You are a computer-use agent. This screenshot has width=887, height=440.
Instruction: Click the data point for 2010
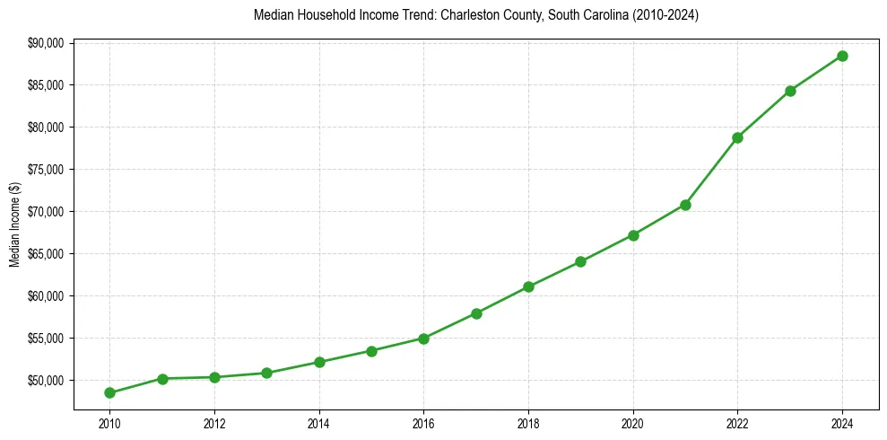click(x=109, y=392)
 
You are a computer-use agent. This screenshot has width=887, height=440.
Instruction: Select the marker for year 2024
click(x=842, y=56)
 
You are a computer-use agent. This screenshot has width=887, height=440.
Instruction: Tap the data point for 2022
click(x=737, y=137)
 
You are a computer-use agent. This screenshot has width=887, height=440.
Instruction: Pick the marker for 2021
click(x=685, y=205)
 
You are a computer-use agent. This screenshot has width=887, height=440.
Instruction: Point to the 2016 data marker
click(x=423, y=339)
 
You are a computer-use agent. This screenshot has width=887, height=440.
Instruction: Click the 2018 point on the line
click(x=528, y=286)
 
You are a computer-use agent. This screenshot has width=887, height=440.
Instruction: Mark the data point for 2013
click(x=266, y=373)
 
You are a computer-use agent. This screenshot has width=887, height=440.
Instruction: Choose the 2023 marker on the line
click(x=790, y=91)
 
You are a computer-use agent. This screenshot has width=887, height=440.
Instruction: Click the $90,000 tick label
click(x=46, y=43)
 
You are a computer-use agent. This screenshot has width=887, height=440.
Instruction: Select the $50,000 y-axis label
click(x=46, y=381)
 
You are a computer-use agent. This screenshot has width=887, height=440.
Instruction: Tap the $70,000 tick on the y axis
click(x=46, y=212)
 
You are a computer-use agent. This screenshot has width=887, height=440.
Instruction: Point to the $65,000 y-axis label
click(x=46, y=254)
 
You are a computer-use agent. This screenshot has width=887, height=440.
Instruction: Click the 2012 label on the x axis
click(x=214, y=422)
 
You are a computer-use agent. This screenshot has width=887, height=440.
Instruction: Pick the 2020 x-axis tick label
click(x=633, y=422)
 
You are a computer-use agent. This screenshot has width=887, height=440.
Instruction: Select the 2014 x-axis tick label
click(x=319, y=422)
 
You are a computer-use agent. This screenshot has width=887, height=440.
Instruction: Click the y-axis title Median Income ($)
click(x=14, y=224)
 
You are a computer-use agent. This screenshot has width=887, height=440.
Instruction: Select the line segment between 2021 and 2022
click(x=711, y=172)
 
